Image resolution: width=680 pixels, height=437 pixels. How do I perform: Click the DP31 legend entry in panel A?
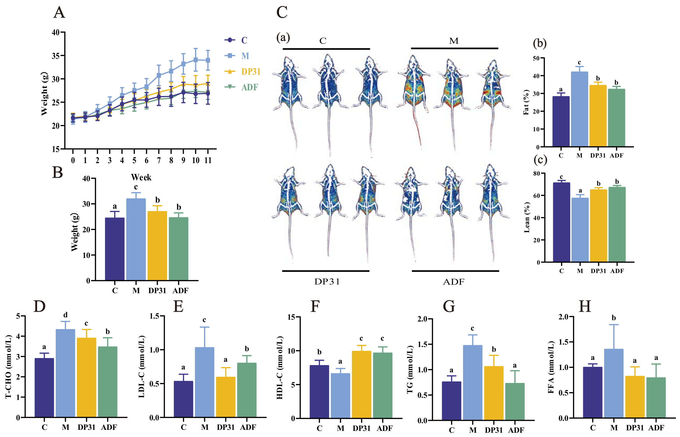point(242,72)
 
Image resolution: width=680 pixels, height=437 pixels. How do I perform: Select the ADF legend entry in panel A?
point(241,87)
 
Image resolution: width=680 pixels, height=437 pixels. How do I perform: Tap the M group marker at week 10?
point(195,60)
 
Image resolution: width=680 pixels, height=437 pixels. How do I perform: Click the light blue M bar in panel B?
point(136,239)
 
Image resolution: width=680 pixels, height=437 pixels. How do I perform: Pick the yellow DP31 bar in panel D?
point(86,377)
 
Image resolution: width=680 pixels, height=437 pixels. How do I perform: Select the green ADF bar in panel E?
point(247,390)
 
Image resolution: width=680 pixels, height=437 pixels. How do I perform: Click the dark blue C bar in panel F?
point(319,392)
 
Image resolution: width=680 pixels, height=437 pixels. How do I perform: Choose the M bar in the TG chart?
point(473,382)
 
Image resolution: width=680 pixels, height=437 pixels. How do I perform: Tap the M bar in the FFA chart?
point(614,384)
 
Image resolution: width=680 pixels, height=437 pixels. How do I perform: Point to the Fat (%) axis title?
point(526,102)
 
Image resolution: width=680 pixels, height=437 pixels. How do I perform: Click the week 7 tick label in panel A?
point(159,160)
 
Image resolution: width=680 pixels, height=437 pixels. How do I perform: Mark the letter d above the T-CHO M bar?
point(65,315)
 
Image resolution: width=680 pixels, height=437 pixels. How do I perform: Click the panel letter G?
point(449,306)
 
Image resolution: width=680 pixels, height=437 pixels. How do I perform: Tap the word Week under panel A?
point(141,177)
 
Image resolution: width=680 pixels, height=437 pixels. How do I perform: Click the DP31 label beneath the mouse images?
point(327,282)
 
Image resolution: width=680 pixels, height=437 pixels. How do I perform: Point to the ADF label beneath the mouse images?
point(454,282)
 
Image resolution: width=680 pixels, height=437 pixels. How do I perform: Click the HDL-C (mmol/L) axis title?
point(280,368)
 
